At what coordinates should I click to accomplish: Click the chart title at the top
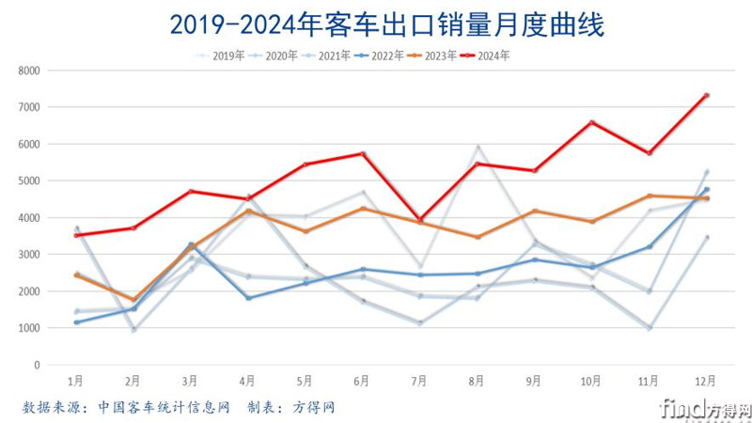(x=376, y=23)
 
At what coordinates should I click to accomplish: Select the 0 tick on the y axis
(x=37, y=365)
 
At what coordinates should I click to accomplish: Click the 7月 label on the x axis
(x=419, y=382)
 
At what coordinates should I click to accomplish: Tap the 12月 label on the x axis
(x=706, y=382)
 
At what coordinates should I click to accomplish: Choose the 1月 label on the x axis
(x=75, y=382)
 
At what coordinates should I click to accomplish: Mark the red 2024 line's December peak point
(x=706, y=95)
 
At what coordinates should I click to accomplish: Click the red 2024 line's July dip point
(x=419, y=219)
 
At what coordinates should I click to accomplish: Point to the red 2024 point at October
(x=591, y=122)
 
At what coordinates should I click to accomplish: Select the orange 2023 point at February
(x=133, y=300)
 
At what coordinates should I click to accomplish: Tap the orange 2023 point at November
(x=649, y=196)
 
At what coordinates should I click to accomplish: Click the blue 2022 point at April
(x=247, y=298)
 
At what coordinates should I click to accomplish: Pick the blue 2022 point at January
(x=75, y=322)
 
